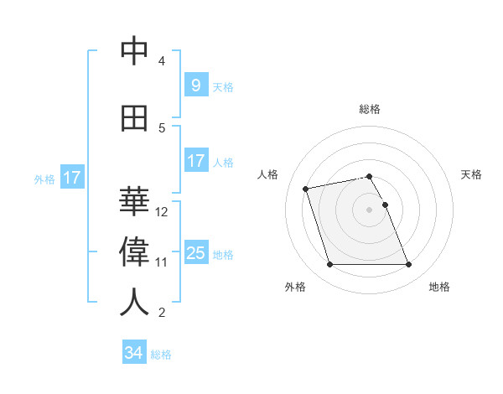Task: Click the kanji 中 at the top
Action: (x=134, y=52)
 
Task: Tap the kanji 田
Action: (x=134, y=119)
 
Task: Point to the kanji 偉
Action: (x=134, y=251)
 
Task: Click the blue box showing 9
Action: (x=195, y=86)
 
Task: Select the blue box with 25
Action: (x=195, y=253)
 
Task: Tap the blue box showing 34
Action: (x=134, y=353)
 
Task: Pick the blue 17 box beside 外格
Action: (x=72, y=178)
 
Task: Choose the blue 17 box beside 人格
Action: (x=195, y=161)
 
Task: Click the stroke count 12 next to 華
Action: (x=162, y=212)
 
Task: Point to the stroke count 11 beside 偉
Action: (x=162, y=262)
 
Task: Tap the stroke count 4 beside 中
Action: (x=162, y=61)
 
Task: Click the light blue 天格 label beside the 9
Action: (x=223, y=86)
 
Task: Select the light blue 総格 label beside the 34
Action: (x=161, y=355)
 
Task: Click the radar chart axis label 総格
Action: (x=370, y=109)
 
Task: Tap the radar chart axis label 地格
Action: (x=439, y=288)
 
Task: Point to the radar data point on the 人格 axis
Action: (x=306, y=188)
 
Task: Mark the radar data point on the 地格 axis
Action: (x=408, y=265)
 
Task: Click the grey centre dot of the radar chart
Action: (x=370, y=210)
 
